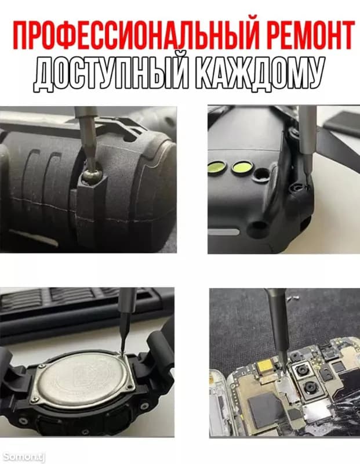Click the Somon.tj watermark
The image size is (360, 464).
click(x=23, y=456)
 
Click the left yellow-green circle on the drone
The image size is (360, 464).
click(x=217, y=168)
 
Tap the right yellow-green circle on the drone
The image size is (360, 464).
click(x=239, y=168)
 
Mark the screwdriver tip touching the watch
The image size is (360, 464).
click(x=122, y=351)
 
